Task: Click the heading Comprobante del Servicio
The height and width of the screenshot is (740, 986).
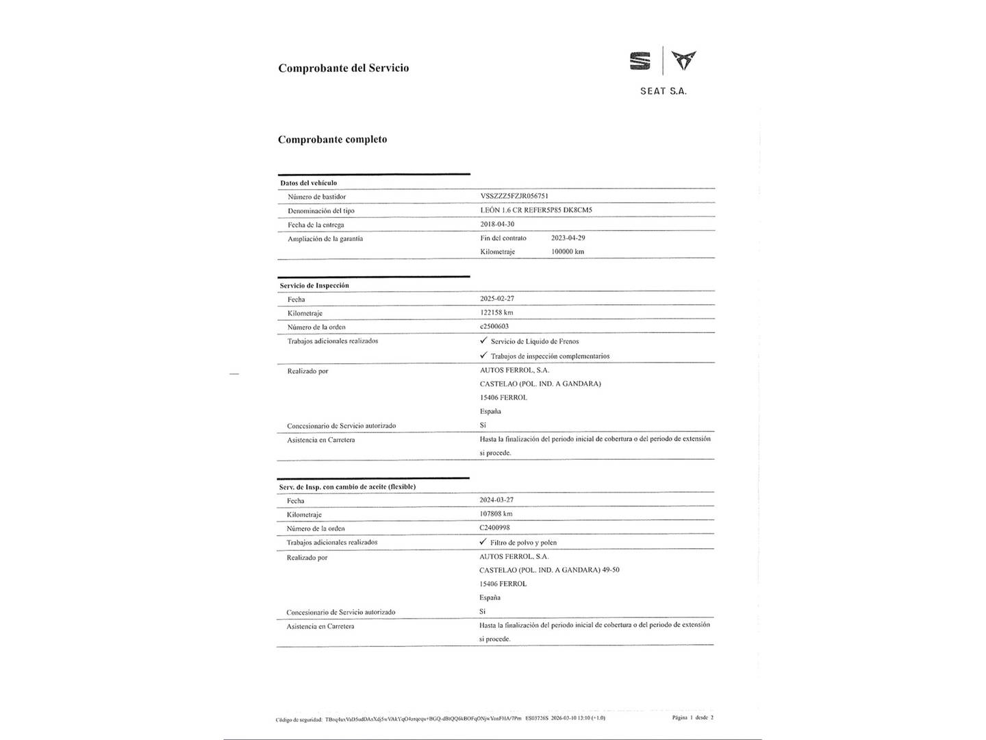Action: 343,68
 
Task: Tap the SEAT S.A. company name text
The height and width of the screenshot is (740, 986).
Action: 663,91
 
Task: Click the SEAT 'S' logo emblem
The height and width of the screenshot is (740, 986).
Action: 640,62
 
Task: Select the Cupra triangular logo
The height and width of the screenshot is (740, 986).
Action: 683,60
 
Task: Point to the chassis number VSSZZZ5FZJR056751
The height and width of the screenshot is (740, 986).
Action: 514,196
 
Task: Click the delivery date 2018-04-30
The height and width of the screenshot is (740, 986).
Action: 497,224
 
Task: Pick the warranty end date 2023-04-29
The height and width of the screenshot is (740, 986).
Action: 568,238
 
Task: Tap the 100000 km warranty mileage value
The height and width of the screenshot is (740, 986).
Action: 568,251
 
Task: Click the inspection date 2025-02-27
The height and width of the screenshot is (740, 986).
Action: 497,299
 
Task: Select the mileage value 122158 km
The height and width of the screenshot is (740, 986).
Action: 496,312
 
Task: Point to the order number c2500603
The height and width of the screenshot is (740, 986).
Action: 494,326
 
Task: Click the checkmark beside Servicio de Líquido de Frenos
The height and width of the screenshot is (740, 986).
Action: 483,341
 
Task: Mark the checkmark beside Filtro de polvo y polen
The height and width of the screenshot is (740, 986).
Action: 483,541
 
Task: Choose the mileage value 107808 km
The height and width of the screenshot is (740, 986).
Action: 496,514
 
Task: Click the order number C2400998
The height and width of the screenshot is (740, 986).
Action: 494,528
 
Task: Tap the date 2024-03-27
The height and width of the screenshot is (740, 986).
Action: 496,500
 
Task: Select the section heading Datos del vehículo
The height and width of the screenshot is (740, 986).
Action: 308,183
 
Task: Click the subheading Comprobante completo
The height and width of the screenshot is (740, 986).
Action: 332,139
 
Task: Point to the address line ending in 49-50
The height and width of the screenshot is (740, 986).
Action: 549,570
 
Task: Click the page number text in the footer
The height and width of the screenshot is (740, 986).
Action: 692,717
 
